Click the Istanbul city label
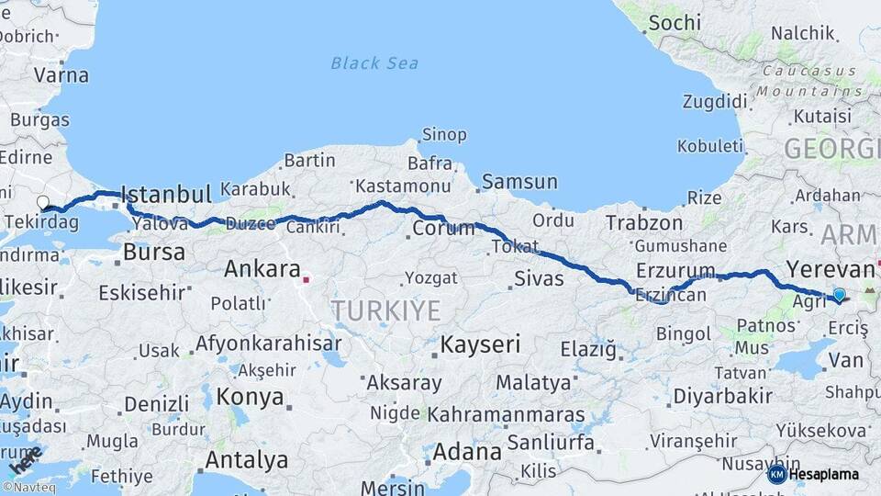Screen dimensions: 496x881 [166, 195]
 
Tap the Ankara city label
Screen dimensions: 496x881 [262, 270]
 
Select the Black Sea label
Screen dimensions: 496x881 [374, 63]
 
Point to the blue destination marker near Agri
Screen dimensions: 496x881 [839, 295]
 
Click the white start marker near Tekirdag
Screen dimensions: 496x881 [42, 202]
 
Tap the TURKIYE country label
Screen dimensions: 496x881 [386, 310]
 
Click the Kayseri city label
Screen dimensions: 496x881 [480, 345]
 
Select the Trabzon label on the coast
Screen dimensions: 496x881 [644, 222]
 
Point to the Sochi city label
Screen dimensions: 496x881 [674, 22]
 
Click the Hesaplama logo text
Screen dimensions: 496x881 [823, 475]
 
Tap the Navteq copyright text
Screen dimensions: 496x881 [29, 488]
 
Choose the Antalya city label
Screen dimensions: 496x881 [246, 459]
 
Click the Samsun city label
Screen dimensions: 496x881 [519, 182]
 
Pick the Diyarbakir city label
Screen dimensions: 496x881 [722, 396]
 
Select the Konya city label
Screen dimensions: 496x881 [250, 397]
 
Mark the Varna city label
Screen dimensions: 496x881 [62, 75]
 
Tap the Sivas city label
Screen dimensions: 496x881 [538, 276]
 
